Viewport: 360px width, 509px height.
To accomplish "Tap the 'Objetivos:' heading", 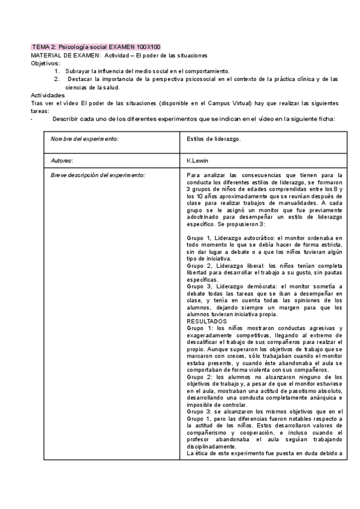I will click(45, 63).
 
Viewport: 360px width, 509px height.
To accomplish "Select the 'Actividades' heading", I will click(47, 95).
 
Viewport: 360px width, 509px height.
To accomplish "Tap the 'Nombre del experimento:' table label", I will click(85, 139).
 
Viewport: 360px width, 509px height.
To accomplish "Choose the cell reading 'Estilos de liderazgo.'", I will click(214, 139).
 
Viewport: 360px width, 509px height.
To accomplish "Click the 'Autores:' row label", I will click(62, 161).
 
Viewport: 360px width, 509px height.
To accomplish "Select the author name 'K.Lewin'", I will click(199, 161).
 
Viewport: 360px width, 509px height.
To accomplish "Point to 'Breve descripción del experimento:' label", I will click(98, 175).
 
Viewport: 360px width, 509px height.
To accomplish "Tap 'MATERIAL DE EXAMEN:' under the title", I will click(66, 55).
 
